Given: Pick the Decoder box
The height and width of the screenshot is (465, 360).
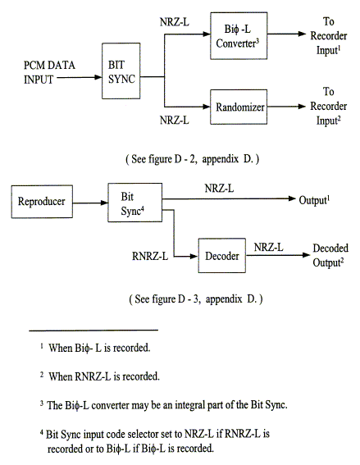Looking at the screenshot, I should [220, 256].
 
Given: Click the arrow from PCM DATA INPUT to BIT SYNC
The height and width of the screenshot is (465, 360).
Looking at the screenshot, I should [86, 79].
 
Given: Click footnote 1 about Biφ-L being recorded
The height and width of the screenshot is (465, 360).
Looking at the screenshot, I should [100, 348].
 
